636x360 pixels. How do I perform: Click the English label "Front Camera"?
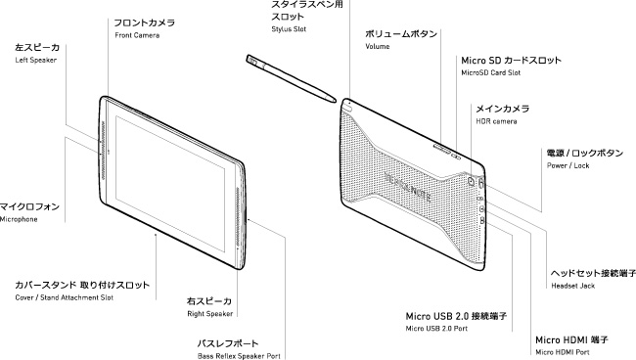tap(137, 35)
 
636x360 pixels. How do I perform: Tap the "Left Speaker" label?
tap(35, 60)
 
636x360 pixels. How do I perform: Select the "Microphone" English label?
tap(19, 219)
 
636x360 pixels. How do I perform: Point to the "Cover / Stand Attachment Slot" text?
tap(64, 297)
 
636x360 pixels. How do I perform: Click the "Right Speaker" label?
tap(210, 314)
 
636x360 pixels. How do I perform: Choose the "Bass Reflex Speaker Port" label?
tap(239, 356)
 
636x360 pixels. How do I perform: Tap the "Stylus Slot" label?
tap(289, 29)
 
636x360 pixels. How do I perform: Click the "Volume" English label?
tap(378, 47)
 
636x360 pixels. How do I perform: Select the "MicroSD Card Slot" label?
tap(491, 73)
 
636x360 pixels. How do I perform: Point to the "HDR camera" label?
tap(496, 121)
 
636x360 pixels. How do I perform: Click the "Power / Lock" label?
tap(568, 165)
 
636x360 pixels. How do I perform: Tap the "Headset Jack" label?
tap(572, 286)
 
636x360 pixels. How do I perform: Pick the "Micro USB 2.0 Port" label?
tap(436, 329)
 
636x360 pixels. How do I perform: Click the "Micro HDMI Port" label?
tap(563, 352)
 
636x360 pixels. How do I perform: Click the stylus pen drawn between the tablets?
tap(291, 78)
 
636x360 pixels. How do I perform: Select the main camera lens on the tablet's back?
tap(471, 181)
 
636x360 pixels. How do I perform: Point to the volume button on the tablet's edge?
tap(441, 148)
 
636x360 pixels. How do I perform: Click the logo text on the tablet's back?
tap(407, 187)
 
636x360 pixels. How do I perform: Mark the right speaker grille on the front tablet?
tap(238, 218)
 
